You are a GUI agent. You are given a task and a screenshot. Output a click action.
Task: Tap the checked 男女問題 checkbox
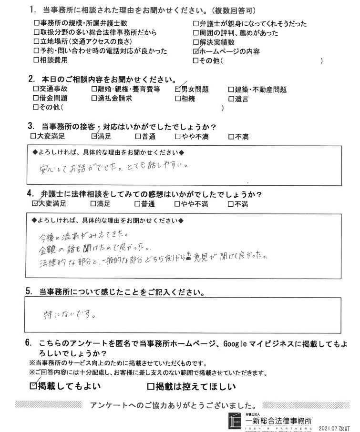[x=179, y=89]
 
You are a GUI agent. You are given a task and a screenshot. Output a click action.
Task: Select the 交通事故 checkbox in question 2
[x=36, y=89]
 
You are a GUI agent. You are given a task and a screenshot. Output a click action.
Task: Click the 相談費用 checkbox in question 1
[x=36, y=60]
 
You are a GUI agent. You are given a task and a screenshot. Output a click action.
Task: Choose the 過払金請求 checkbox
[x=93, y=98]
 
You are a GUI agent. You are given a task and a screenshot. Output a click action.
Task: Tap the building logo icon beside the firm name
[x=237, y=421]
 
